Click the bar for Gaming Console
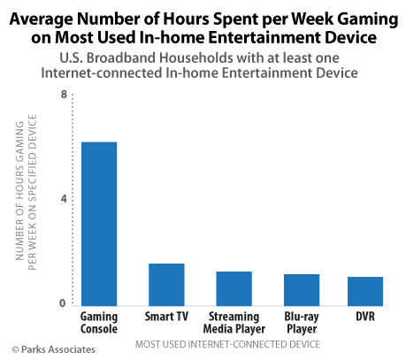coord(99,223)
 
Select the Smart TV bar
coord(166,283)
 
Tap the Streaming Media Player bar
coord(234,287)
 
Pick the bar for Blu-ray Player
coord(302,288)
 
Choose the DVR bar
coord(365,290)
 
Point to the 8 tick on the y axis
coord(64,95)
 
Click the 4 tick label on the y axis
coord(64,199)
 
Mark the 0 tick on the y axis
coord(64,303)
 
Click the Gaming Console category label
coord(99,322)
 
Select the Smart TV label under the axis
coord(166,316)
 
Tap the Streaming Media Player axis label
coord(234,322)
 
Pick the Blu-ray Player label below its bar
coord(302,322)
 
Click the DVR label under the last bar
coord(365,316)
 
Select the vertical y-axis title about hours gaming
coord(26,200)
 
